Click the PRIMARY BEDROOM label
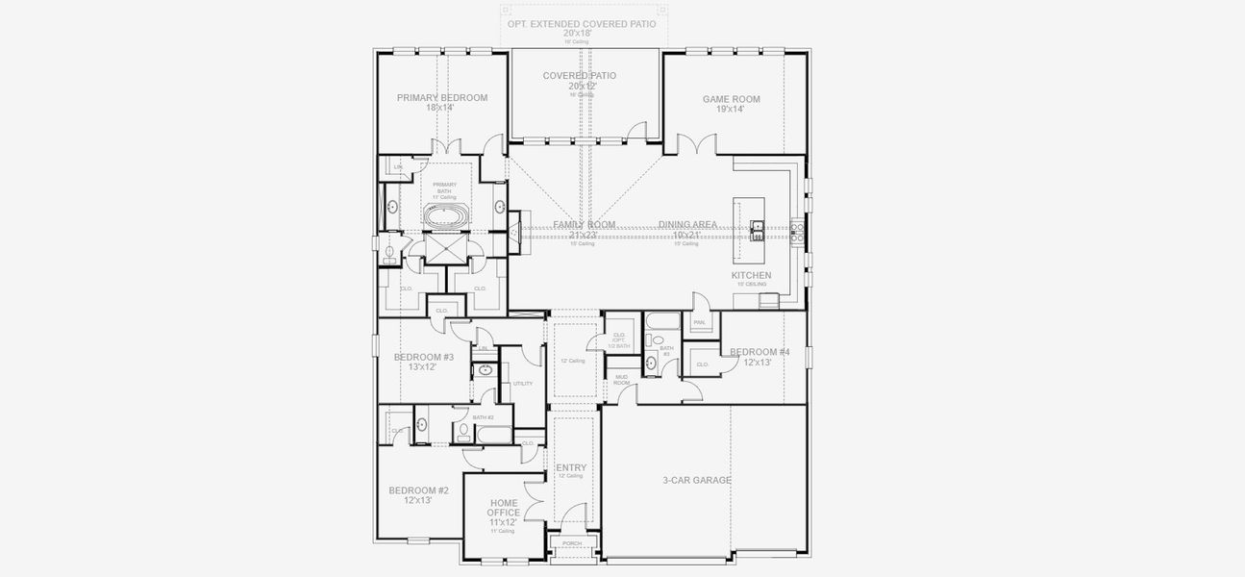click(x=441, y=97)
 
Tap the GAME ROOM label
click(x=731, y=98)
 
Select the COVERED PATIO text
click(x=579, y=75)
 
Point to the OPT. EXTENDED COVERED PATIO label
click(x=582, y=22)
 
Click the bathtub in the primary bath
click(x=444, y=215)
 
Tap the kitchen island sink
click(x=758, y=227)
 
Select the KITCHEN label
click(x=751, y=275)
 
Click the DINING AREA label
click(x=687, y=224)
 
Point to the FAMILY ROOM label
click(x=584, y=224)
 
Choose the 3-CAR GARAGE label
click(x=697, y=480)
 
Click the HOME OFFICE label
click(x=503, y=508)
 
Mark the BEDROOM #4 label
click(x=759, y=352)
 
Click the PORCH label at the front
click(x=572, y=543)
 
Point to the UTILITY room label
click(x=522, y=383)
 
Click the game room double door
click(x=696, y=145)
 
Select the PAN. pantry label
click(x=699, y=322)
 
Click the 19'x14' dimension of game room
click(x=731, y=109)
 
